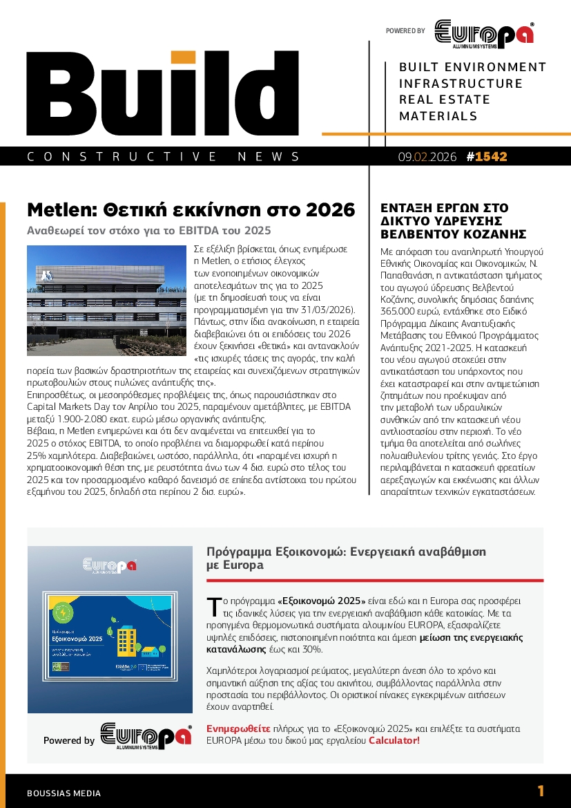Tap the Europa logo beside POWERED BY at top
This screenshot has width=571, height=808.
(483, 34)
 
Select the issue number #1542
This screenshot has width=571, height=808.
(487, 157)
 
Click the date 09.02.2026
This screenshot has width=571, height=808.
(427, 157)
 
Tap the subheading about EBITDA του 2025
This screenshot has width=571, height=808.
(148, 230)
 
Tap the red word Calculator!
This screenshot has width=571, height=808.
(394, 741)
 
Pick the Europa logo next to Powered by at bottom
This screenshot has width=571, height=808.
(145, 736)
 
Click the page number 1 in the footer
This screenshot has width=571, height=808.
(541, 791)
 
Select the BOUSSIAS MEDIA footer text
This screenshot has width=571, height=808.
(64, 793)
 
